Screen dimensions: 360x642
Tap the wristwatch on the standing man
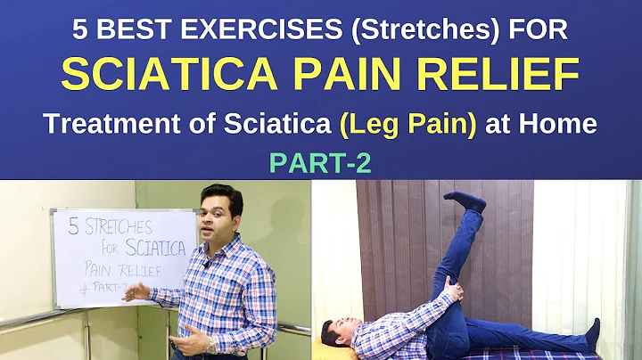click(x=212, y=344)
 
